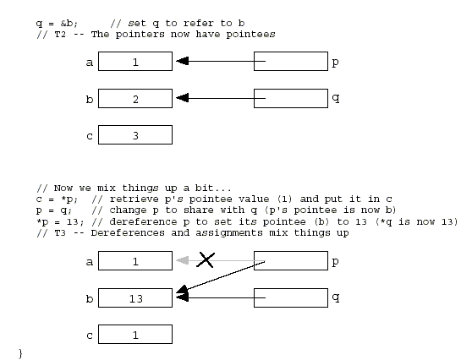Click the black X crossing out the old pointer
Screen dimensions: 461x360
point(206,260)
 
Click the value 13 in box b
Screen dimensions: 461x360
point(136,298)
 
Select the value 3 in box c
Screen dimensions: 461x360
point(135,136)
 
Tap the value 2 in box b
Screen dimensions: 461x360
point(135,99)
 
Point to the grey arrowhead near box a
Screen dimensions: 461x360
point(182,260)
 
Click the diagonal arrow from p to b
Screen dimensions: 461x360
point(221,276)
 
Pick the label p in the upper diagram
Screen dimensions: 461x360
point(335,63)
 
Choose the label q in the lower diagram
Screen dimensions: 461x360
point(336,297)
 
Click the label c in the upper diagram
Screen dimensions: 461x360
point(90,136)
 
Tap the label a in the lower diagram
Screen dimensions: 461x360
point(90,262)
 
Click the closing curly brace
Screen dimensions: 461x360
point(20,353)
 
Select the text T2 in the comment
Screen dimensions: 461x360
point(60,35)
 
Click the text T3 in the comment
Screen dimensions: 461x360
point(60,233)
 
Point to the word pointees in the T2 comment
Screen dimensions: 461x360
point(250,35)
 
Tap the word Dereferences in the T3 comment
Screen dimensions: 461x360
point(128,233)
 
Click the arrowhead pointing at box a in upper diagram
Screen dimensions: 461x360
point(182,61)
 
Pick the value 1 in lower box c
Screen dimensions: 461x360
point(135,335)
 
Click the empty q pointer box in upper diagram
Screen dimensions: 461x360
point(291,98)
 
